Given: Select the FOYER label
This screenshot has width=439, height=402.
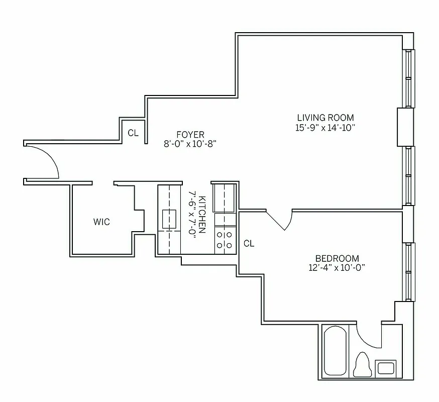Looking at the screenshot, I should pyautogui.click(x=190, y=134).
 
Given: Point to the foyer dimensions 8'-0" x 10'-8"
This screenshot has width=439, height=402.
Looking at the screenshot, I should pyautogui.click(x=190, y=143).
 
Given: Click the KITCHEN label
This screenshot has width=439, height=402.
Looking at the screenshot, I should pyautogui.click(x=201, y=214).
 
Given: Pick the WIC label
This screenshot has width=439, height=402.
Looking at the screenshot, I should pyautogui.click(x=101, y=221).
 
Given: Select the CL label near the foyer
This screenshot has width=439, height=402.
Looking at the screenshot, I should pyautogui.click(x=133, y=133).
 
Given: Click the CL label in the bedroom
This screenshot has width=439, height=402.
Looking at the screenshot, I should pyautogui.click(x=249, y=244).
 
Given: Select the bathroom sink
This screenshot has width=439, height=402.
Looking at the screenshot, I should pyautogui.click(x=386, y=367).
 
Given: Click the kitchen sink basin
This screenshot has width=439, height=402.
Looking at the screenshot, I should pyautogui.click(x=169, y=218).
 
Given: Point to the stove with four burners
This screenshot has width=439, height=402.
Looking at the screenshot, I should pyautogui.click(x=225, y=240).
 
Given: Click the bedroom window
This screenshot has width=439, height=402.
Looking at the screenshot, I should pyautogui.click(x=409, y=271).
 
